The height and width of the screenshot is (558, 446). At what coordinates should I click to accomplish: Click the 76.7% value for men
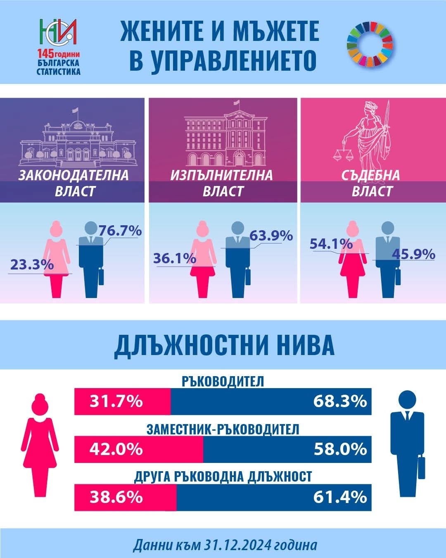point(120,230)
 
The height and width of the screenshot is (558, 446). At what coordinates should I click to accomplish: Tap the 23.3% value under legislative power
point(32,264)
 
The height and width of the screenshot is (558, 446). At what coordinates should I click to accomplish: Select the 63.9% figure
point(271,236)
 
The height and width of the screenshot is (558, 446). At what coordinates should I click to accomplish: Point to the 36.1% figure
point(174,258)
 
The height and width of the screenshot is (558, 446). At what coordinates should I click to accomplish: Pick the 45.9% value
point(413,253)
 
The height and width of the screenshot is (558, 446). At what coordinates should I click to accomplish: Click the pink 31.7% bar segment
point(123,401)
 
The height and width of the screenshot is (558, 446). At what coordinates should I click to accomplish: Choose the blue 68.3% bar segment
point(271,401)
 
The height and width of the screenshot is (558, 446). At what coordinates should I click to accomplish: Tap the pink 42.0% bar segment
point(139,449)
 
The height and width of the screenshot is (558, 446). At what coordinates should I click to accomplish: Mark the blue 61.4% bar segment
point(274,496)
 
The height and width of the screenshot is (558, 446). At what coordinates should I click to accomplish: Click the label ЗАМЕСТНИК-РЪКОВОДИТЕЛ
point(223,429)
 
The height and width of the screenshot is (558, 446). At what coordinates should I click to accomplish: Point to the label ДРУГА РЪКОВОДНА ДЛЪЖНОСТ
point(223,477)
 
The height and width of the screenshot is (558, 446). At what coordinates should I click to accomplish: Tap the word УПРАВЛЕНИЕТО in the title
point(223,60)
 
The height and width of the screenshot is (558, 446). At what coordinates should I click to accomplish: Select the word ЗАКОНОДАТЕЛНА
point(74,175)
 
